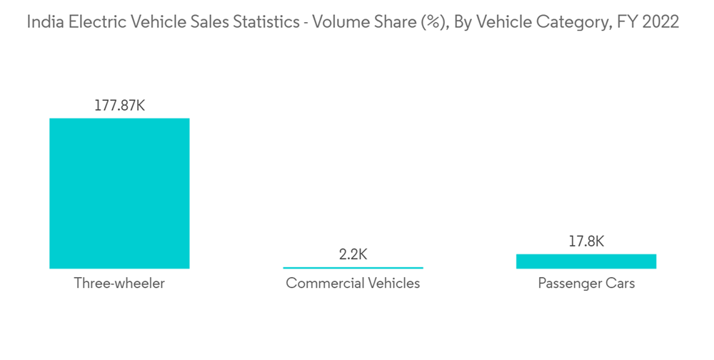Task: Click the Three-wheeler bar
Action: pos(119,193)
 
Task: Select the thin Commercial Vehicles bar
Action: pos(353,267)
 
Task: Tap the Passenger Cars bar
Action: pos(586,261)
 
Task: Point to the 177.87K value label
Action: pos(119,105)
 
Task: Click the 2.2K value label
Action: pos(353,254)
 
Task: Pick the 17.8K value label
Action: pos(586,241)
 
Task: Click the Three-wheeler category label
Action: pos(119,284)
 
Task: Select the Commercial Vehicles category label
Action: pos(353,284)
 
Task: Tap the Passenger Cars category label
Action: pos(586,284)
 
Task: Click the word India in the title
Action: pos(42,22)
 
